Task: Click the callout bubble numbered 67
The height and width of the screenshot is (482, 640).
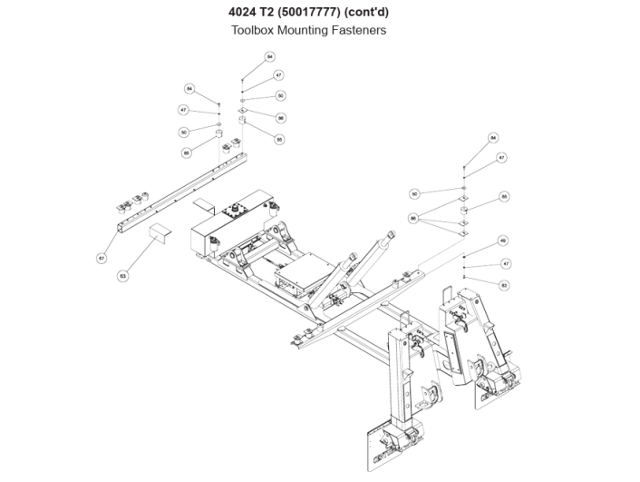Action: point(102,259)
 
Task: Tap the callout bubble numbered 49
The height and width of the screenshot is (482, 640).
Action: point(503,241)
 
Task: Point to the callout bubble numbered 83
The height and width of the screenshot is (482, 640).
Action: point(504,285)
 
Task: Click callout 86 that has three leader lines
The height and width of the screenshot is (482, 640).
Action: point(414,219)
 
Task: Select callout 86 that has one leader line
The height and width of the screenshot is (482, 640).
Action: point(281,118)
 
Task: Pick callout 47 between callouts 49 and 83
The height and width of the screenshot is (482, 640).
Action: point(505,263)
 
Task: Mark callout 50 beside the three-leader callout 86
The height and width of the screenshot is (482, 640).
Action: point(414,193)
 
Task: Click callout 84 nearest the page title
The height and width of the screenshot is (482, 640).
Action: point(269,56)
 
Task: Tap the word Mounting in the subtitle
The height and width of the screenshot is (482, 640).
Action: point(307,30)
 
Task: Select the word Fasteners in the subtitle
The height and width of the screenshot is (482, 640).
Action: point(361,30)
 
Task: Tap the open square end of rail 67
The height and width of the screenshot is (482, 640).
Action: point(117,225)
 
